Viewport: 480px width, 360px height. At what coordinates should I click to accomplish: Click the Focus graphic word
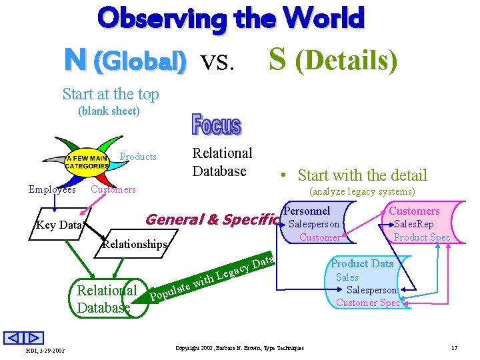click(x=217, y=125)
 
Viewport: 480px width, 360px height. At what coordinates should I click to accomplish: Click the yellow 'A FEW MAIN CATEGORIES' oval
click(x=87, y=161)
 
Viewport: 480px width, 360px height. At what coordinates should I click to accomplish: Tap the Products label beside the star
click(x=138, y=157)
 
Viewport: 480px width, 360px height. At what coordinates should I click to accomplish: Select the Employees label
click(x=52, y=189)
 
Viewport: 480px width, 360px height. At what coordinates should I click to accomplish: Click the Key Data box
click(x=59, y=225)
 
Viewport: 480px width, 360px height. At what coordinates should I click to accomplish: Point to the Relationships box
click(x=134, y=244)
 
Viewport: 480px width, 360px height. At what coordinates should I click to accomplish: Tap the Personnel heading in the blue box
click(x=307, y=211)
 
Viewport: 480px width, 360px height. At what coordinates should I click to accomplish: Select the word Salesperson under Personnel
click(x=314, y=224)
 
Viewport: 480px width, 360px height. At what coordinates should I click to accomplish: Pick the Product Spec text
click(x=422, y=237)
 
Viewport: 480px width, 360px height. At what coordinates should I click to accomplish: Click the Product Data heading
click(x=362, y=263)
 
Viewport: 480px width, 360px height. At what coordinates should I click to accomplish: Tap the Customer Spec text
click(x=368, y=303)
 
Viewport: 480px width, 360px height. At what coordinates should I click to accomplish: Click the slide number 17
click(x=454, y=348)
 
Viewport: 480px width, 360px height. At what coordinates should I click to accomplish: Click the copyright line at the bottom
click(x=239, y=348)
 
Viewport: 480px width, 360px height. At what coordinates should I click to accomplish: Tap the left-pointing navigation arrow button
click(x=15, y=338)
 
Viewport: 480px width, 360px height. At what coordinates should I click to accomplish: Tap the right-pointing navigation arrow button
click(x=35, y=338)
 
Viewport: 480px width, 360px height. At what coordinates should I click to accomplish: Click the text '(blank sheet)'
click(x=109, y=111)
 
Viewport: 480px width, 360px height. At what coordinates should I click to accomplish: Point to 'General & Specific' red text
click(x=211, y=219)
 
